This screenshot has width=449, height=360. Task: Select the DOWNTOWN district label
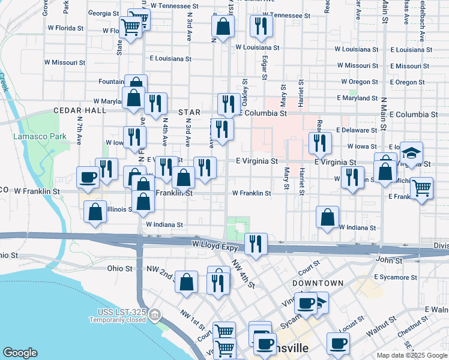tap(318, 283)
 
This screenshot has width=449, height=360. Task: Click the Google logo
tap(20, 353)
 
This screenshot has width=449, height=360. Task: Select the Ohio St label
tap(119, 268)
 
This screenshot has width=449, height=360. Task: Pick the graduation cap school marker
tap(411, 152)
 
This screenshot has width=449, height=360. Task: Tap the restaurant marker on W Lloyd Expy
tap(256, 243)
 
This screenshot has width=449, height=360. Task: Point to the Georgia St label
tap(103, 13)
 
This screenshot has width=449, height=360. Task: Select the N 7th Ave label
tap(79, 128)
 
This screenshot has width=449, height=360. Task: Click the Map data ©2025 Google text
tap(412, 355)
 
